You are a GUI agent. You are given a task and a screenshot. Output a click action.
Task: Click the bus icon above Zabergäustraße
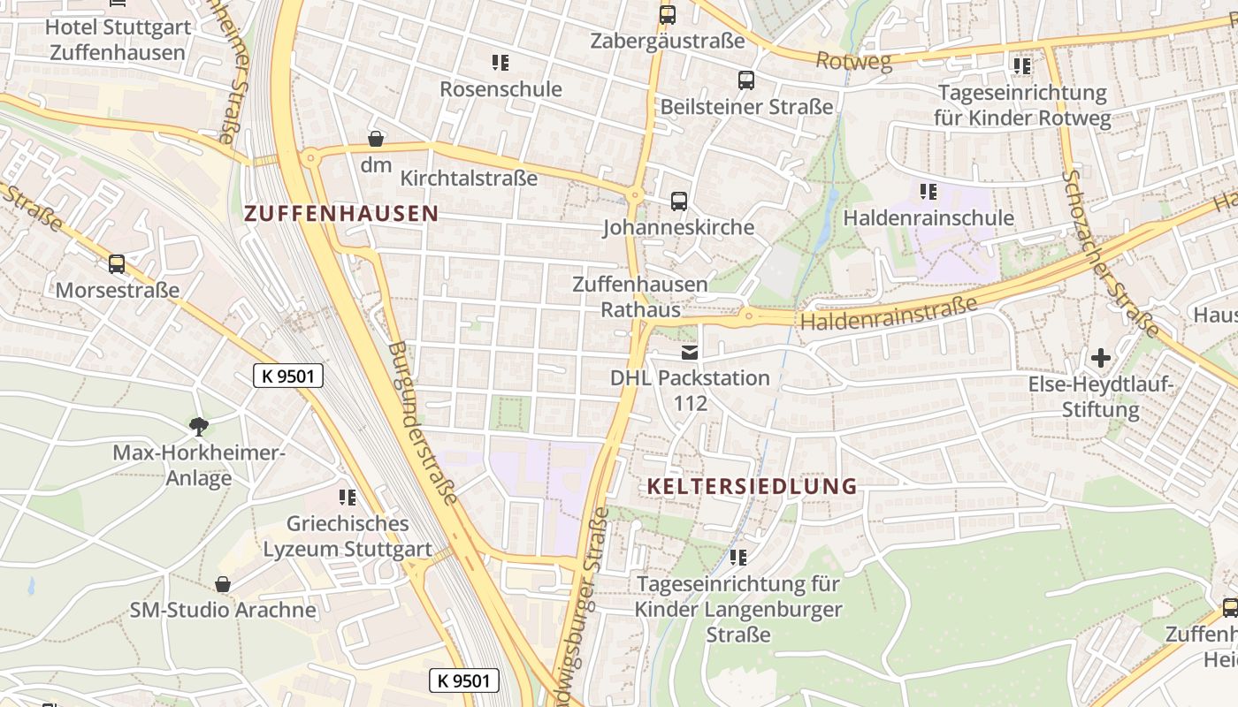[x=667, y=15]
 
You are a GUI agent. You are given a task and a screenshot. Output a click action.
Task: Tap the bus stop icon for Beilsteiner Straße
[x=746, y=80]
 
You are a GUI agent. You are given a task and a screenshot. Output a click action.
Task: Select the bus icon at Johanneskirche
[x=679, y=201]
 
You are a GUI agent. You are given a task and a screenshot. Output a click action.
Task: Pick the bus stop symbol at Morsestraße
[x=117, y=264]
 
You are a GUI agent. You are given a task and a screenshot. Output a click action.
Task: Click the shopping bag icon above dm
[x=376, y=139]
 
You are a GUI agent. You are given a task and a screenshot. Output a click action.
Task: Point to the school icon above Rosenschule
[x=501, y=63]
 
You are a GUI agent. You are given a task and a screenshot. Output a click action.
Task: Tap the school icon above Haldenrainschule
[x=928, y=192]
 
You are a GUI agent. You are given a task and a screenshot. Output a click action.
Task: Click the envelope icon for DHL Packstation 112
[x=690, y=353]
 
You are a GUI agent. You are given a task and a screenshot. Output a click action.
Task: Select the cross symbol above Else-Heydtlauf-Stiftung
[x=1101, y=358]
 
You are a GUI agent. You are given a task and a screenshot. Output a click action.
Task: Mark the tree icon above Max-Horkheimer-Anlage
[x=199, y=427]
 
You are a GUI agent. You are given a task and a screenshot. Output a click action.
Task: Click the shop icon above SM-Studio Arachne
[x=223, y=584]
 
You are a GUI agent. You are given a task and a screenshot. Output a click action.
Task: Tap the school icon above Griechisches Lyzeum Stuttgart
[x=348, y=498]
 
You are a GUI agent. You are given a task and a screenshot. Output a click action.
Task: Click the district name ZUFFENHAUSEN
[x=341, y=213]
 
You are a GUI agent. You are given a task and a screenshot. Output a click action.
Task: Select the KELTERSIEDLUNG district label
[x=752, y=486]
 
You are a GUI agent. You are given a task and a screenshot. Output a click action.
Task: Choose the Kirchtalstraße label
[x=469, y=179]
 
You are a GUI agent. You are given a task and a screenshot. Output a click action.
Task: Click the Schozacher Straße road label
[x=1112, y=254]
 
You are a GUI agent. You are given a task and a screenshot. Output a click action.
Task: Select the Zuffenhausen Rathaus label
[x=640, y=297]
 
